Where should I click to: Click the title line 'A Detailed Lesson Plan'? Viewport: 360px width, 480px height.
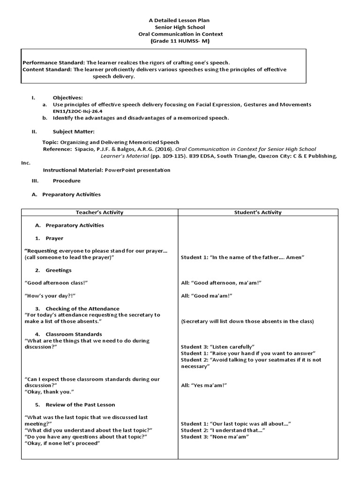click(x=180, y=20)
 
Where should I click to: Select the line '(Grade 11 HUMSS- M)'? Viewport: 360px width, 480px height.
click(x=180, y=41)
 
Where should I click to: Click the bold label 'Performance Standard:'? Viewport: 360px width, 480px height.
click(x=53, y=62)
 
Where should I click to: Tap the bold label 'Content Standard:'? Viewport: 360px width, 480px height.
click(x=47, y=69)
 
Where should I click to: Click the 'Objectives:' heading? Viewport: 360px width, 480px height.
click(x=67, y=97)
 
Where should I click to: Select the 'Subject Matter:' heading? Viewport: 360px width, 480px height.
click(x=73, y=132)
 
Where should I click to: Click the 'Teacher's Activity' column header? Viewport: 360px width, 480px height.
click(x=99, y=212)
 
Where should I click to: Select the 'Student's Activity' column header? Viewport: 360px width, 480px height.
click(x=258, y=212)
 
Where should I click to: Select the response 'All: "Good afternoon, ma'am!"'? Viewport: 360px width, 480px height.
click(x=221, y=283)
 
